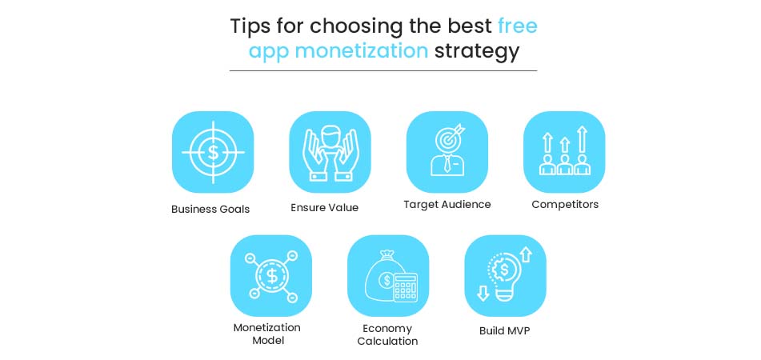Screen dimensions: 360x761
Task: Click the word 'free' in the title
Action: pos(517,26)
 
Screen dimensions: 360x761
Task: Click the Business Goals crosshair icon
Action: pos(213,151)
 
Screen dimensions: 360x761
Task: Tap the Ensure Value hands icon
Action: pos(330,151)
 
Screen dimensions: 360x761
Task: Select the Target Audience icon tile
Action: pos(447,151)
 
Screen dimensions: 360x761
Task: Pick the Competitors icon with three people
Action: pos(564,151)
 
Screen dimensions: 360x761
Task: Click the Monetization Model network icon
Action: pos(271,275)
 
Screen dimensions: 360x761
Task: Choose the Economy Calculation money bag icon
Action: pos(388,275)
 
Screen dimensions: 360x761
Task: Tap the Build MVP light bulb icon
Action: pos(505,275)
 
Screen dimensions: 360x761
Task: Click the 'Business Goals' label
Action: pos(210,209)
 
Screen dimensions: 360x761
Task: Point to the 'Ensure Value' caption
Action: pos(324,207)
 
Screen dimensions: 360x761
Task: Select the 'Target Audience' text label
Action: pos(447,204)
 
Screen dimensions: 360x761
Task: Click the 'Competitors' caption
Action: pos(565,204)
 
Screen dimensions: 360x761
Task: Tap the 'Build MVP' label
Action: pos(504,330)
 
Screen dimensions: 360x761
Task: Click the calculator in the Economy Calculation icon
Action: pos(406,285)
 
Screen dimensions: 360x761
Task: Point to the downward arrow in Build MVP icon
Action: pos(483,293)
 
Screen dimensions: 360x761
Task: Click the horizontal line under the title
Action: pos(383,70)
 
